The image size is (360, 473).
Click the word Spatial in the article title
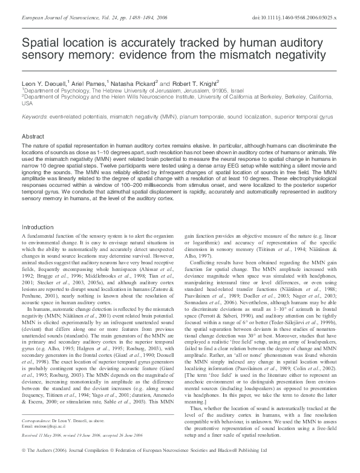(x=40, y=44)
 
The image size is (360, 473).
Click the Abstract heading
(x=33, y=137)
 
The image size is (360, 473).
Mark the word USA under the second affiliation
(x=28, y=103)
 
